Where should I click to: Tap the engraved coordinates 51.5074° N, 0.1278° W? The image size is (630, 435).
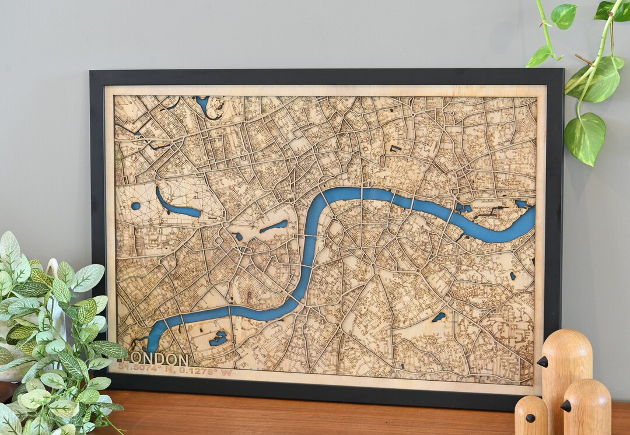point(174,369)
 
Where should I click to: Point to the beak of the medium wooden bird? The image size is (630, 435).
point(565,405)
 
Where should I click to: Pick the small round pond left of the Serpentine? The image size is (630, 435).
point(135,206)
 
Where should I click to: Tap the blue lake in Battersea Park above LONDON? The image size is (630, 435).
point(219,338)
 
